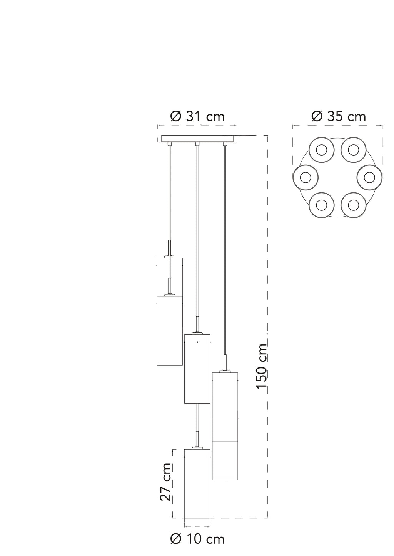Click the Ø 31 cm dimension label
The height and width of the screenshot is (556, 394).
197,116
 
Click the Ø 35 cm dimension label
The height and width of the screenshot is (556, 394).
339,116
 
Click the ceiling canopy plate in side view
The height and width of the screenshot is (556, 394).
197,139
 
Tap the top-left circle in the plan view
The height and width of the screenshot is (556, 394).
321,150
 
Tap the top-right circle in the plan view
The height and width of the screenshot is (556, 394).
353,150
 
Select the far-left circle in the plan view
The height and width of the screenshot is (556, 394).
306,177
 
